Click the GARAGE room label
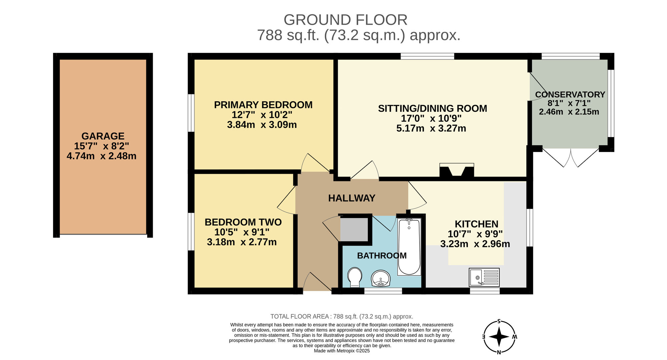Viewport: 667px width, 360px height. pos(103,136)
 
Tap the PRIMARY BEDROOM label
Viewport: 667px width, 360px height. pos(263,105)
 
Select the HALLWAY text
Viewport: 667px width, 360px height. pos(352,198)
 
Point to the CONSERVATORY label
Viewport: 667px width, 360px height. pos(570,94)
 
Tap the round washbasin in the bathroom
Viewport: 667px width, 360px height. pos(381,278)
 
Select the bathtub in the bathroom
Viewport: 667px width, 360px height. pos(409,247)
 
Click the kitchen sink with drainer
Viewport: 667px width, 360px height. pos(484,277)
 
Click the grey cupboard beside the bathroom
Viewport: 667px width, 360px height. pos(354,229)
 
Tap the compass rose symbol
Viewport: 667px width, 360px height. pos(499,337)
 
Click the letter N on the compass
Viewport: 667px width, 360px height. pos(499,352)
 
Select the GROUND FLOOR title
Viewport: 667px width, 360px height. pos(346,20)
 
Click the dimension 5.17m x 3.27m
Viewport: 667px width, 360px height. pos(431,128)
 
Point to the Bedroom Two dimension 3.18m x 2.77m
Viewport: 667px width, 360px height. pos(242,242)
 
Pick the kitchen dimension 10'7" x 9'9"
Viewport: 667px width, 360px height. pos(475,234)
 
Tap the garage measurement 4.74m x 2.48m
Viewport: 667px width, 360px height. pos(101,156)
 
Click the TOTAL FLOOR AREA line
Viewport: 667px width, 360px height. pos(342,317)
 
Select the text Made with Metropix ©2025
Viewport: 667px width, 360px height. pos(342,351)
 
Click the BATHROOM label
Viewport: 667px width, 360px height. pos(382,256)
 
